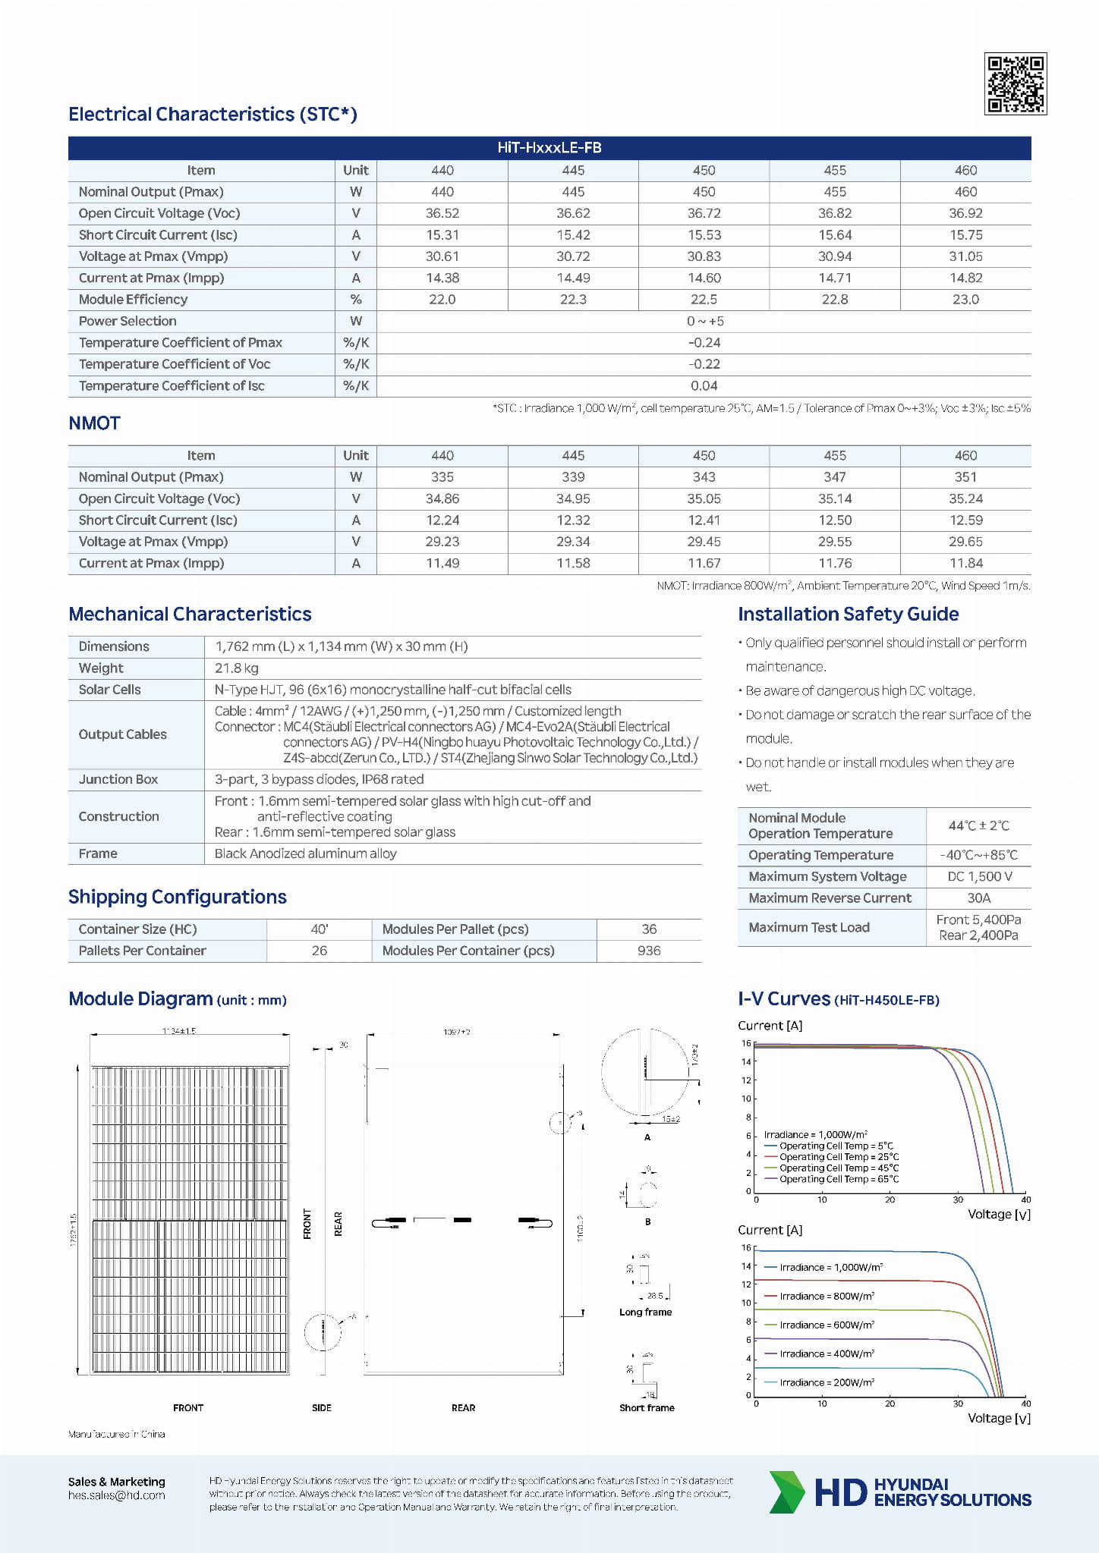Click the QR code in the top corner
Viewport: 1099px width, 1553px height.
1015,83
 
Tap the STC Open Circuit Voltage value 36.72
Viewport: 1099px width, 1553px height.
704,214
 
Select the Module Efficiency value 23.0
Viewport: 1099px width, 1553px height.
965,300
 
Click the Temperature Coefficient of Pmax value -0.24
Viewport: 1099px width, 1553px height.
704,343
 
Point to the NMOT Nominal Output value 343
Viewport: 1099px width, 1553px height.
704,477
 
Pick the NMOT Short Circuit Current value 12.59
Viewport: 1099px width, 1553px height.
965,520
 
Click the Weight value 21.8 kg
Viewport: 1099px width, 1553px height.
236,668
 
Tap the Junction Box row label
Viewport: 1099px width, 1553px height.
118,779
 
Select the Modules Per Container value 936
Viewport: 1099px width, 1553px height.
649,951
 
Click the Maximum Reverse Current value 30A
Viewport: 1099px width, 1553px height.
978,898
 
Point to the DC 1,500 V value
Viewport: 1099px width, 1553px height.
978,877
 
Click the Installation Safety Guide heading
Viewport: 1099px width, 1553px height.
848,614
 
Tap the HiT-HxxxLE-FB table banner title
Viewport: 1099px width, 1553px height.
549,148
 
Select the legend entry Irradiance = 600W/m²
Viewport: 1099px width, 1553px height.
827,1325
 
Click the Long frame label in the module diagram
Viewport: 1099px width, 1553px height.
645,1312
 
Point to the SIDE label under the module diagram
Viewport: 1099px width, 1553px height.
322,1407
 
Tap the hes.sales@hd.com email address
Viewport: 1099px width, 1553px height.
116,1495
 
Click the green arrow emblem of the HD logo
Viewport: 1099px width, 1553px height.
786,1492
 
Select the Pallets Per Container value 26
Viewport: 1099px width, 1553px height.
320,951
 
